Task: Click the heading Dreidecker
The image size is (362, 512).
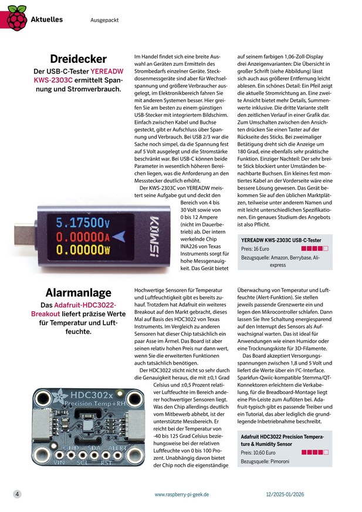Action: tap(78, 59)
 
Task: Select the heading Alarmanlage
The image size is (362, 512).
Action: tap(79, 292)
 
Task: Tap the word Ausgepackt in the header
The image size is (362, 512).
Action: tap(104, 20)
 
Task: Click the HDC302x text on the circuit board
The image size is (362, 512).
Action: tap(77, 396)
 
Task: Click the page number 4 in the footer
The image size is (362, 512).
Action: tap(18, 494)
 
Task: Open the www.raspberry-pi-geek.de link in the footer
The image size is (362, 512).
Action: tap(182, 494)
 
